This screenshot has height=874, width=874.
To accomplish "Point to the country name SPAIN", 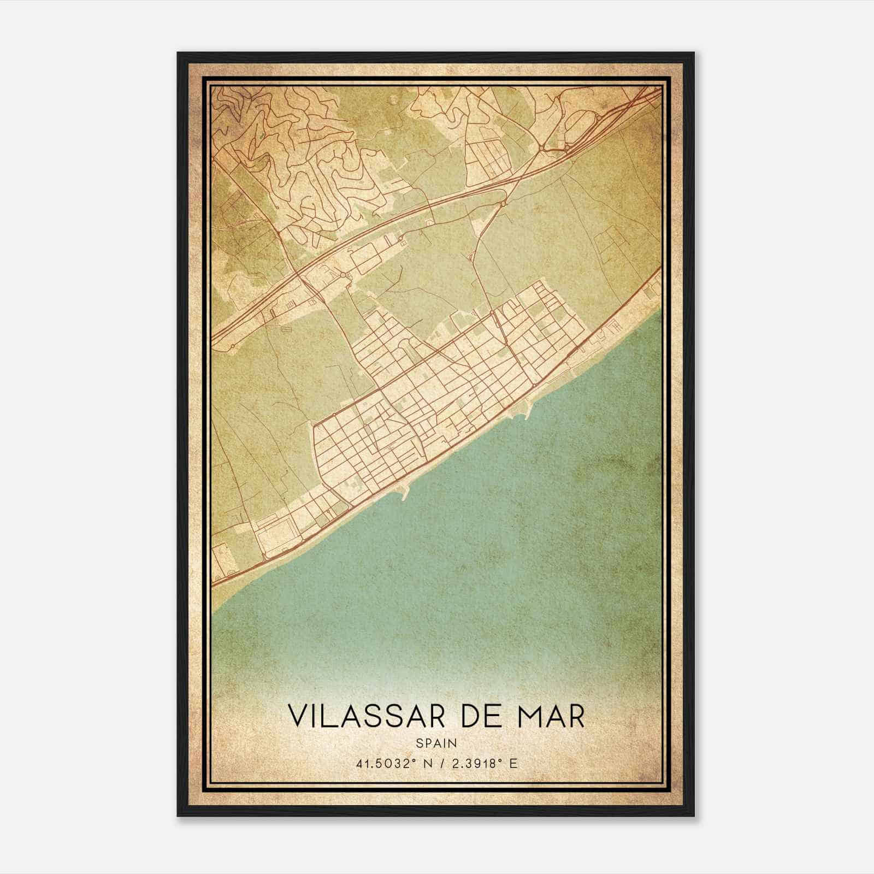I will [436, 743].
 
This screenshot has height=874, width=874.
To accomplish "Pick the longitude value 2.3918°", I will [475, 763].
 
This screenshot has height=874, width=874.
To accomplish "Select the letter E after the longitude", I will [512, 763].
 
